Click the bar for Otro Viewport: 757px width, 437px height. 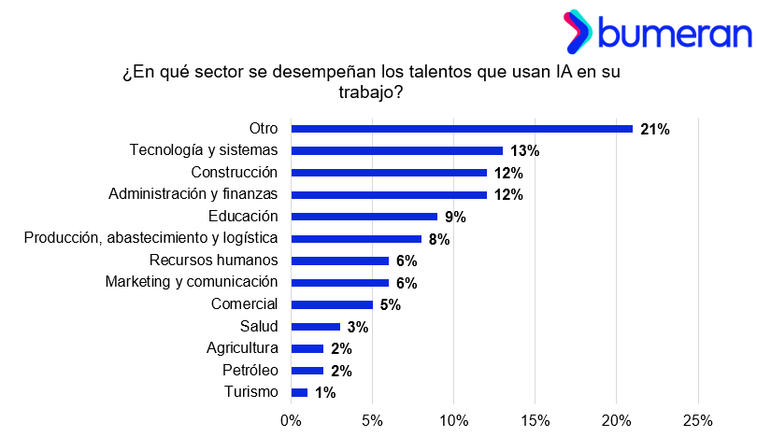(x=462, y=129)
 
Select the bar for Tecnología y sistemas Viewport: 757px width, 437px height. (x=397, y=150)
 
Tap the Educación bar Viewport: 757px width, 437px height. (x=364, y=217)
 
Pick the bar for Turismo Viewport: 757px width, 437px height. (x=300, y=392)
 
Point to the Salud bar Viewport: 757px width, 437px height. (x=316, y=327)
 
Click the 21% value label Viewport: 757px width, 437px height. (x=655, y=130)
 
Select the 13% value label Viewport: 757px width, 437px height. (x=525, y=151)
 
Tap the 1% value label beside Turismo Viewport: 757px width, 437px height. (x=325, y=393)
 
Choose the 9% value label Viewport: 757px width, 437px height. (x=455, y=218)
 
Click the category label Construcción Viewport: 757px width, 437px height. (x=235, y=172)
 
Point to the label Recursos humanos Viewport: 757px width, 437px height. (x=214, y=260)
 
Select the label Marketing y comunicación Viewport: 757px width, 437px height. (x=192, y=281)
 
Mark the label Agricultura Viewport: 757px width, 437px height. (x=242, y=347)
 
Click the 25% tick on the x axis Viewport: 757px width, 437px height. (x=698, y=419)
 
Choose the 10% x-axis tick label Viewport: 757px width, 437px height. (x=454, y=419)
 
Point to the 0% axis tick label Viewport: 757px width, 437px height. (x=292, y=419)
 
